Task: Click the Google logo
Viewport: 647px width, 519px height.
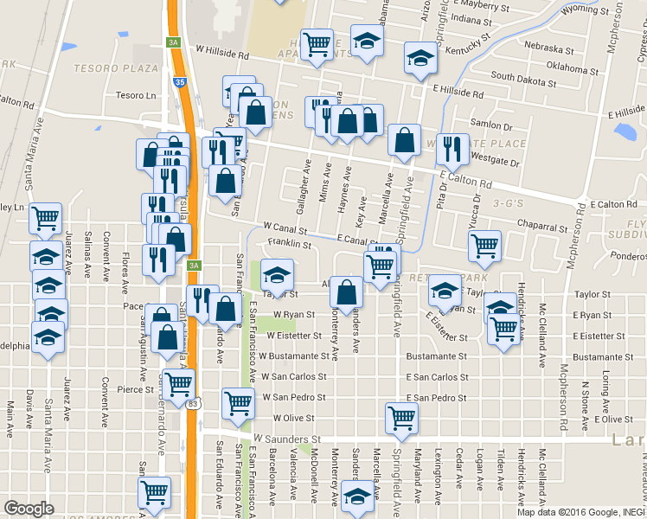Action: point(29,509)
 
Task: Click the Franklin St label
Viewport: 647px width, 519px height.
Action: point(289,245)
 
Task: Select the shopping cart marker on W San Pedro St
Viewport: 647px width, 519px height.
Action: point(238,400)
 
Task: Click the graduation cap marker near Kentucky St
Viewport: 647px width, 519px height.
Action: point(420,60)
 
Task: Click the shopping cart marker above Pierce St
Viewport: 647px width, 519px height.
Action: point(179,381)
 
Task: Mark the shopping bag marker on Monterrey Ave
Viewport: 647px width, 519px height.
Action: point(346,292)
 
